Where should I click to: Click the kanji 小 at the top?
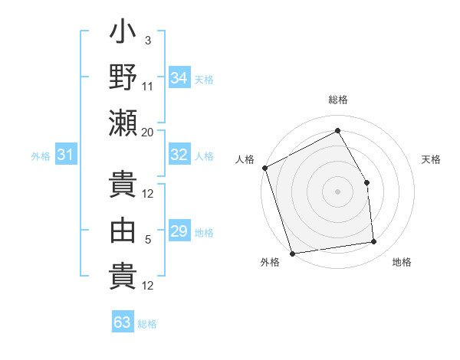123,34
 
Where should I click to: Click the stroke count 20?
148,133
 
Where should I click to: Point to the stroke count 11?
148,86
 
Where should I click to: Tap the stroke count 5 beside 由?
148,240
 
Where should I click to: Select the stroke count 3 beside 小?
148,39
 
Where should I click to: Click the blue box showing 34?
179,77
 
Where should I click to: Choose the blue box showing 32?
179,154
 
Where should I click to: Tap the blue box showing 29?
179,231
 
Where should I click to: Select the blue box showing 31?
66,155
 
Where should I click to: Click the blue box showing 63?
123,322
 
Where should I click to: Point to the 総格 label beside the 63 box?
148,324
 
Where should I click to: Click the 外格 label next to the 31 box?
41,156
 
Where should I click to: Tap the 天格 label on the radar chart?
432,159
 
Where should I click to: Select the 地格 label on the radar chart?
402,262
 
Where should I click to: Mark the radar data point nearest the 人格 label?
264,168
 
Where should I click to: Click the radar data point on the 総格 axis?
337,130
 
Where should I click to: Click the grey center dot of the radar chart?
337,191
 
